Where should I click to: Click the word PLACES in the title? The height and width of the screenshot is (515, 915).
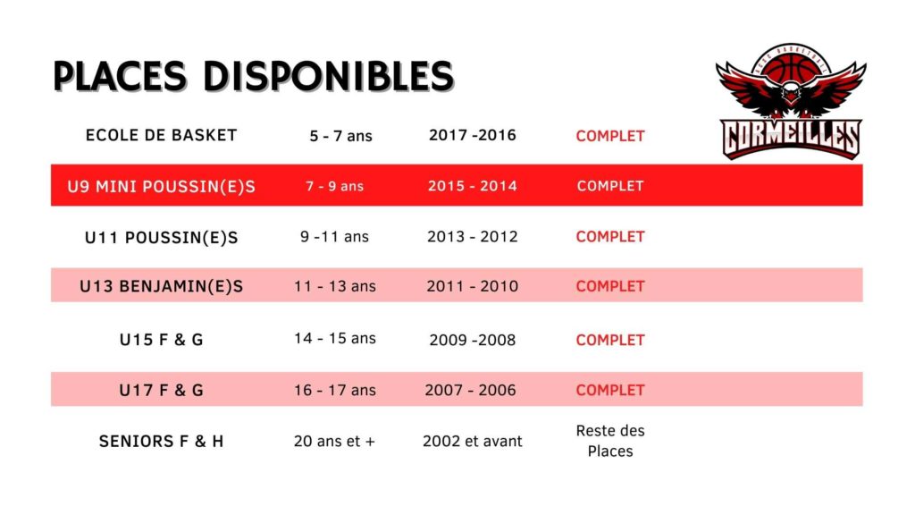121,76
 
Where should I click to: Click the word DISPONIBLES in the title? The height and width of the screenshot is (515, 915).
329,76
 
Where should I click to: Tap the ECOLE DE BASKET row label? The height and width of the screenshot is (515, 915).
161,136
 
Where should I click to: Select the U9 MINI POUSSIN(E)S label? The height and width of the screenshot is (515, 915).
161,186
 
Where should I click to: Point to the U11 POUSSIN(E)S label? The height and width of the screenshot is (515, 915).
161,238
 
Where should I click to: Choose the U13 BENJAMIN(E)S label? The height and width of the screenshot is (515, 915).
161,287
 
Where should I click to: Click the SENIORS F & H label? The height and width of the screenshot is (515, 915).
161,442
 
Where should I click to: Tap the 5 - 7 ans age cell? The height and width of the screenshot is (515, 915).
340,136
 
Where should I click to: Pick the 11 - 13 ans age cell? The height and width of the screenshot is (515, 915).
335,287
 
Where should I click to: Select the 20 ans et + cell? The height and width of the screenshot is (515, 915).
334,442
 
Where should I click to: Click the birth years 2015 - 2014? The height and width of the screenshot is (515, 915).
473,186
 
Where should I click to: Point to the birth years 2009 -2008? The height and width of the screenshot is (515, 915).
473,340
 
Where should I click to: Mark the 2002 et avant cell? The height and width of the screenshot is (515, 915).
473,442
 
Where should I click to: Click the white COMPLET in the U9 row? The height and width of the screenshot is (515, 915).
610,186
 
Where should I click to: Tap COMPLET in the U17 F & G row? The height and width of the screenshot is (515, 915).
610,390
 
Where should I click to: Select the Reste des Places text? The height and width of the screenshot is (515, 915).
610,441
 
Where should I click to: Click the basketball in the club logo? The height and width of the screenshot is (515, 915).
792,66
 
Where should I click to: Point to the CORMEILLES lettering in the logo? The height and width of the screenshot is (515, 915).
792,139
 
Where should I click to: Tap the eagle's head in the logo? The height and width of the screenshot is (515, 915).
790,93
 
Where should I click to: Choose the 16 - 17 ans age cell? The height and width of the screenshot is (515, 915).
335,390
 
